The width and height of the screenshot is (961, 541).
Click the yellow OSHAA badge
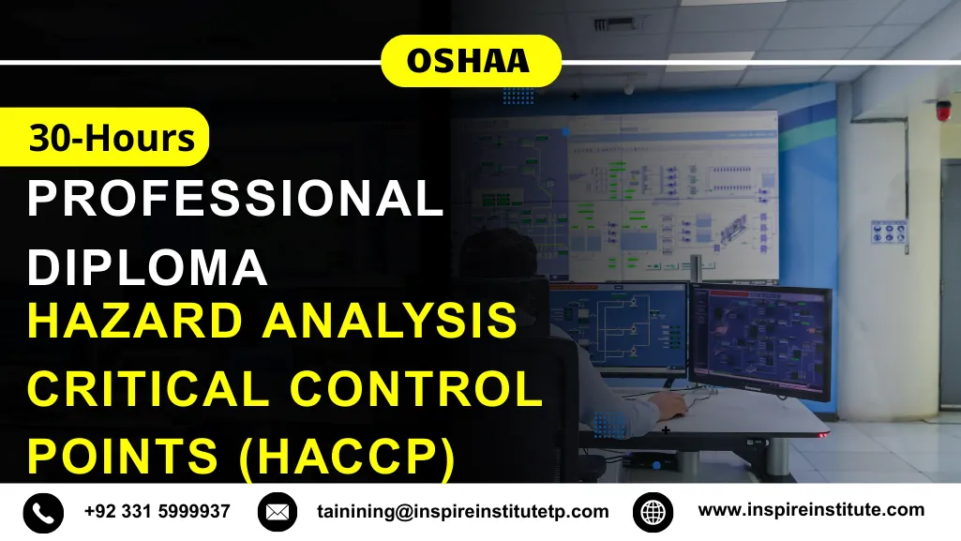[x=470, y=62]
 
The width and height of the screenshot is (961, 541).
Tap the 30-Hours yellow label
[x=111, y=138]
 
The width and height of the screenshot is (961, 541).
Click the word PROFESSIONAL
[x=235, y=199]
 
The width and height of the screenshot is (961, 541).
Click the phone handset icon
[x=43, y=512]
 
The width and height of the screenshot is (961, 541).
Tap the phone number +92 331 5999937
[x=157, y=512]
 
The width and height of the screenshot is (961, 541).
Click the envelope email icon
[x=277, y=512]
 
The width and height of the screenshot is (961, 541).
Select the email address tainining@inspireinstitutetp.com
[x=463, y=513]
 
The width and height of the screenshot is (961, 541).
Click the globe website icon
[x=653, y=512]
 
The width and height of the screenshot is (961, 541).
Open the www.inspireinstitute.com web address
[x=811, y=511]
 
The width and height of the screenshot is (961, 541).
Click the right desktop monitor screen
[x=760, y=339]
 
